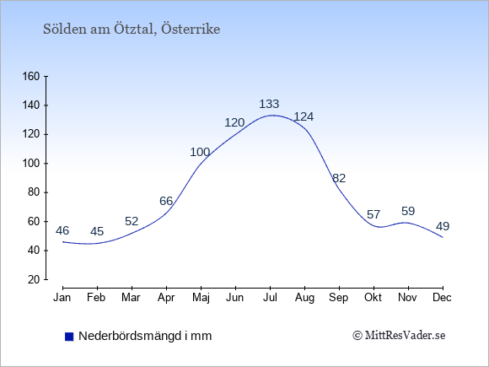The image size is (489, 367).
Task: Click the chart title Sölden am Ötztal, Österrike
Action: tap(132, 29)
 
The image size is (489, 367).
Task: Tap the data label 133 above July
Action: tap(269, 104)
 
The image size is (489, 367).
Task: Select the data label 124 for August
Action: tap(304, 116)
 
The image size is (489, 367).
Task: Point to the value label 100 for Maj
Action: tap(200, 152)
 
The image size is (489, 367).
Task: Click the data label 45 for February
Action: tap(97, 231)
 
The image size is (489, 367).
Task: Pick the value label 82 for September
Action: tap(339, 178)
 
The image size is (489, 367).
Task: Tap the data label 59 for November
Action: tap(408, 211)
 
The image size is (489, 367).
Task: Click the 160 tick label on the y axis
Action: tap(31, 76)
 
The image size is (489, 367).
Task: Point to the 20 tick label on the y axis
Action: tap(34, 279)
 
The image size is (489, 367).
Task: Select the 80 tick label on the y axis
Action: tap(34, 192)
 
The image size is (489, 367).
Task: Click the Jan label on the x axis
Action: tap(62, 298)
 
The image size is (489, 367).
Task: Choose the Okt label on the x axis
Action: tap(373, 298)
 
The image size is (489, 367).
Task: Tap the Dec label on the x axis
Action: tap(443, 298)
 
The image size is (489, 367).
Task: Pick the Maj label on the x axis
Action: tap(201, 298)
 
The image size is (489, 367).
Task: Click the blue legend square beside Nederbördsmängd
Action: tap(69, 337)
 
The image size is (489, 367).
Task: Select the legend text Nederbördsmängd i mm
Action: tap(145, 336)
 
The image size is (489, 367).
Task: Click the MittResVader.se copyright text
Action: tap(399, 336)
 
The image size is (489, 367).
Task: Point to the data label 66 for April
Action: tap(166, 201)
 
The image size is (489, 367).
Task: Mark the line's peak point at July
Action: tap(273, 115)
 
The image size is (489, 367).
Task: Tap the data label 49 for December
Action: tap(443, 226)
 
